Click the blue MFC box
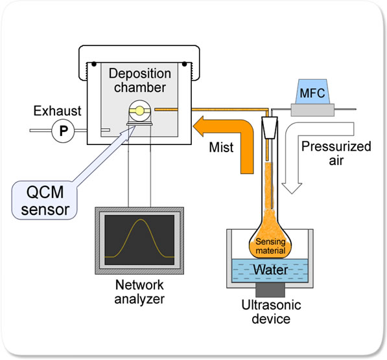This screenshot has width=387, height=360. click(x=312, y=91)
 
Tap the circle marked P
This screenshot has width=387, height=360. click(x=63, y=131)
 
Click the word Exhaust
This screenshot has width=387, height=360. click(x=57, y=111)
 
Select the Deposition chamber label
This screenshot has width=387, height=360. click(x=140, y=80)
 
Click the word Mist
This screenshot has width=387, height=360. click(x=221, y=148)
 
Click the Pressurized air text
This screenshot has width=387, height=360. click(x=336, y=153)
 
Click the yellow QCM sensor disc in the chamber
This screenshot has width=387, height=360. click(x=139, y=111)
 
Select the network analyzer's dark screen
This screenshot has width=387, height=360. click(x=139, y=240)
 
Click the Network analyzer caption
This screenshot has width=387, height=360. click(x=139, y=292)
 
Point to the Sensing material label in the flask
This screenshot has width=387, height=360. click(x=270, y=246)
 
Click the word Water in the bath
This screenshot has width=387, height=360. click(x=270, y=270)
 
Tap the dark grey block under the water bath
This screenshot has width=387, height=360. click(x=270, y=290)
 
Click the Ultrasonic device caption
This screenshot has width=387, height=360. click(x=271, y=312)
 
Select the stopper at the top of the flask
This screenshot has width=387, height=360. click(x=269, y=128)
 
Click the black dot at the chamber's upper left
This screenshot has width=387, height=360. click(x=94, y=64)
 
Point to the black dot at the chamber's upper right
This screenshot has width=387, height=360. click(x=184, y=64)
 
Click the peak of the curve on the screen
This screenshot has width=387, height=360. click(x=141, y=219)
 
